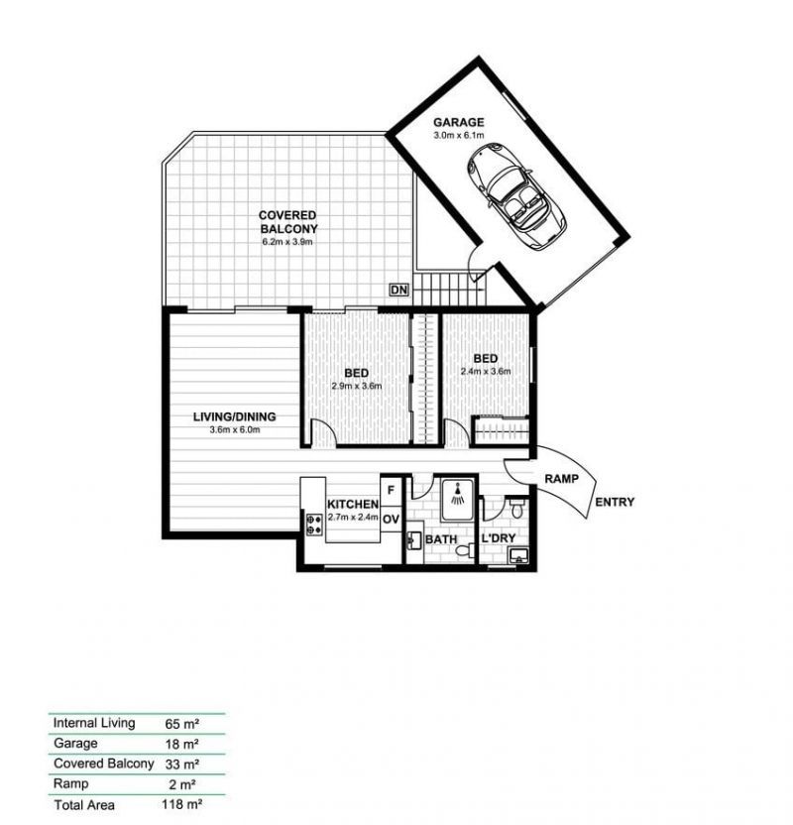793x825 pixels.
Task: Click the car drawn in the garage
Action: [x=515, y=197]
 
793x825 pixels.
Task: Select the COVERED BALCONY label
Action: [x=287, y=222]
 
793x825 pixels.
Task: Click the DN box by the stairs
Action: [x=398, y=290]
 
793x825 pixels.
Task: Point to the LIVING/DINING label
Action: [x=234, y=416]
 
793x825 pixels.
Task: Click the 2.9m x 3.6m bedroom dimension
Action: [x=356, y=386]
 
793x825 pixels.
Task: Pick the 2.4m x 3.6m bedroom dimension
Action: [x=485, y=372]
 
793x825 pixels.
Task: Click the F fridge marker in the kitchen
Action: [x=392, y=489]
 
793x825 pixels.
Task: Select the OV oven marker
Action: [x=392, y=518]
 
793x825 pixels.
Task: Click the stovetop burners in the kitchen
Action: [x=315, y=525]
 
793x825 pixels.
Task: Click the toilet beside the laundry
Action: [x=517, y=509]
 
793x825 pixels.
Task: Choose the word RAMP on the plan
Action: [x=561, y=478]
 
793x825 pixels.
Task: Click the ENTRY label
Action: [x=615, y=502]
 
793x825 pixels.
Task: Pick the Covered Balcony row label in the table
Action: [x=103, y=764]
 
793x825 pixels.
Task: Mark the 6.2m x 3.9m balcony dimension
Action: [x=287, y=241]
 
